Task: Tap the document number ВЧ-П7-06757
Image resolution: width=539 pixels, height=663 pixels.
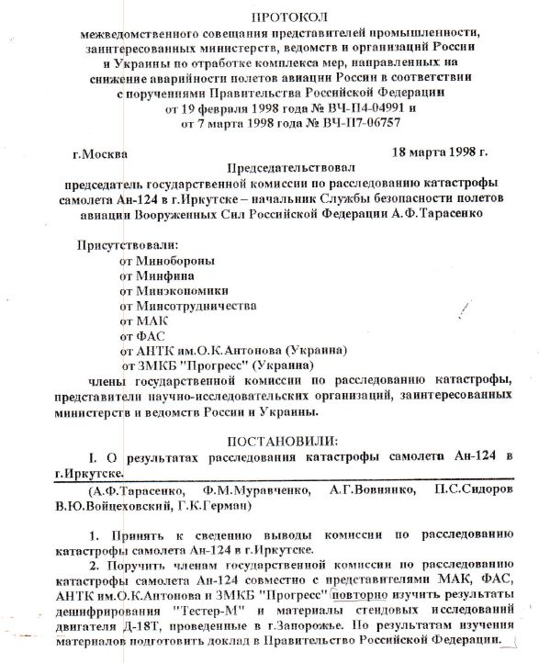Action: (330, 121)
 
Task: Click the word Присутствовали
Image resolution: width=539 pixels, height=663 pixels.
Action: (128, 245)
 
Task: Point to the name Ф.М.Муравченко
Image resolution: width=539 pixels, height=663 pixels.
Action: (234, 490)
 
